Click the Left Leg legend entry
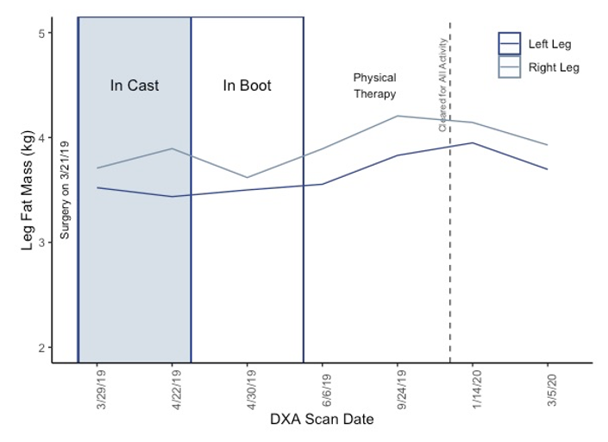[x=535, y=44]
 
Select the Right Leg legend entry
[x=539, y=67]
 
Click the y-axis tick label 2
[x=42, y=348]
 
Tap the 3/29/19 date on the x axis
[x=102, y=389]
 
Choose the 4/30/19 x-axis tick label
[x=252, y=389]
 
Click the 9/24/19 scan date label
[x=402, y=389]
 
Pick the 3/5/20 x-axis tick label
[x=552, y=389]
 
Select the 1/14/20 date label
[x=477, y=389]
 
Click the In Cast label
[x=135, y=85]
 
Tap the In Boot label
[x=247, y=85]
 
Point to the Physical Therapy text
[x=375, y=85]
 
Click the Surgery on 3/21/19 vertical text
[x=65, y=190]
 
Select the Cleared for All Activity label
[x=442, y=85]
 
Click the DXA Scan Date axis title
[x=322, y=419]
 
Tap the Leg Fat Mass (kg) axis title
[x=27, y=190]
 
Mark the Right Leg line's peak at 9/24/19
[x=398, y=116]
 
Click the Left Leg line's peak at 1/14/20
[x=473, y=142]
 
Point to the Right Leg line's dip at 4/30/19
[x=247, y=177]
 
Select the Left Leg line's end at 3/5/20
[x=547, y=169]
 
